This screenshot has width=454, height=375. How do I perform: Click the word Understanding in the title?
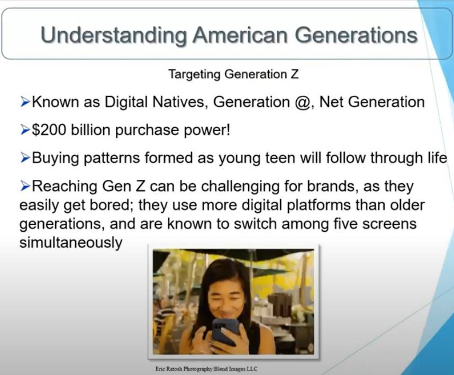[x=113, y=36]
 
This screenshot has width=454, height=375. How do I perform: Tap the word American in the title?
[x=240, y=35]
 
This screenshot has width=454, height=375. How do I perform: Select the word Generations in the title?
[x=356, y=35]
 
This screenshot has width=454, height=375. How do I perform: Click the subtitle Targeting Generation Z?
[x=233, y=75]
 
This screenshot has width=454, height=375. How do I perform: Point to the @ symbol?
[x=302, y=102]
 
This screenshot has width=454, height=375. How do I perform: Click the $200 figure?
[x=49, y=130]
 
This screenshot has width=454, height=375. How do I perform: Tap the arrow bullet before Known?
[x=25, y=102]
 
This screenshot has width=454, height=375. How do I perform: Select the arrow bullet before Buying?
[x=25, y=158]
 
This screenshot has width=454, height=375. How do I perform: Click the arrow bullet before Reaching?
[x=25, y=186]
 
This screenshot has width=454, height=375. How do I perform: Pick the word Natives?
[x=180, y=102]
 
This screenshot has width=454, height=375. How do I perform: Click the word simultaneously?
[x=71, y=242]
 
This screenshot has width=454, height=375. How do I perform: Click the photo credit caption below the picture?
[x=206, y=369]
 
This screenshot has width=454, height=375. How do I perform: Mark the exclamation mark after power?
[x=228, y=130]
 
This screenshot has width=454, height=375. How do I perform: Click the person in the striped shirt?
[x=165, y=321]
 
